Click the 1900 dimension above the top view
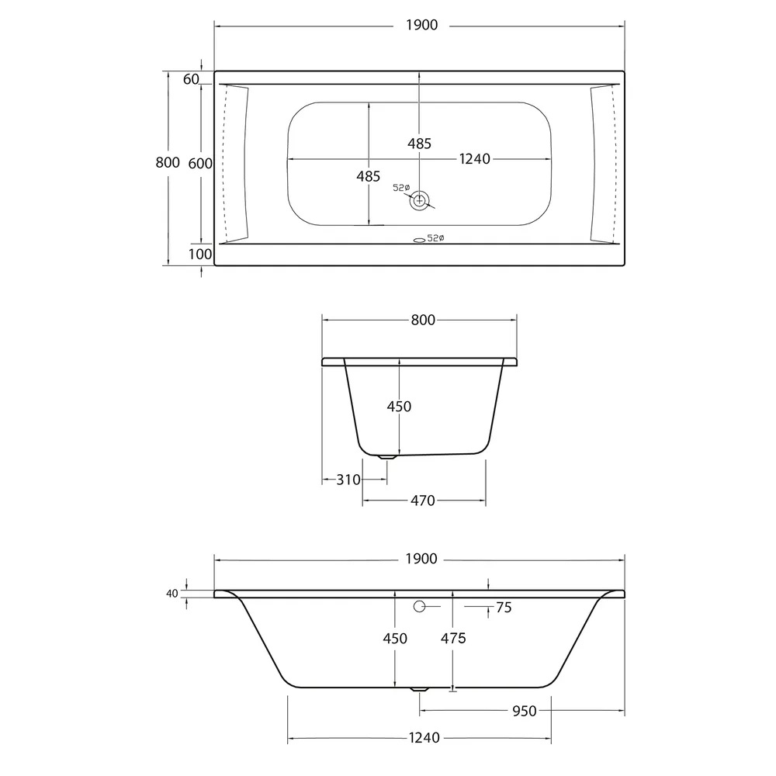[x=421, y=26]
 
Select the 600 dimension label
[x=200, y=163]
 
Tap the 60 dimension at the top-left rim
[x=191, y=79]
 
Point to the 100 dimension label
[x=200, y=254]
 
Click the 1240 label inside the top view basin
[x=475, y=159]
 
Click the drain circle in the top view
[x=419, y=200]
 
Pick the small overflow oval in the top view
[x=419, y=241]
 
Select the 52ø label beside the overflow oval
[x=435, y=238]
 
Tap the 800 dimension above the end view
[x=423, y=320]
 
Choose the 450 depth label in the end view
[x=399, y=407]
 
